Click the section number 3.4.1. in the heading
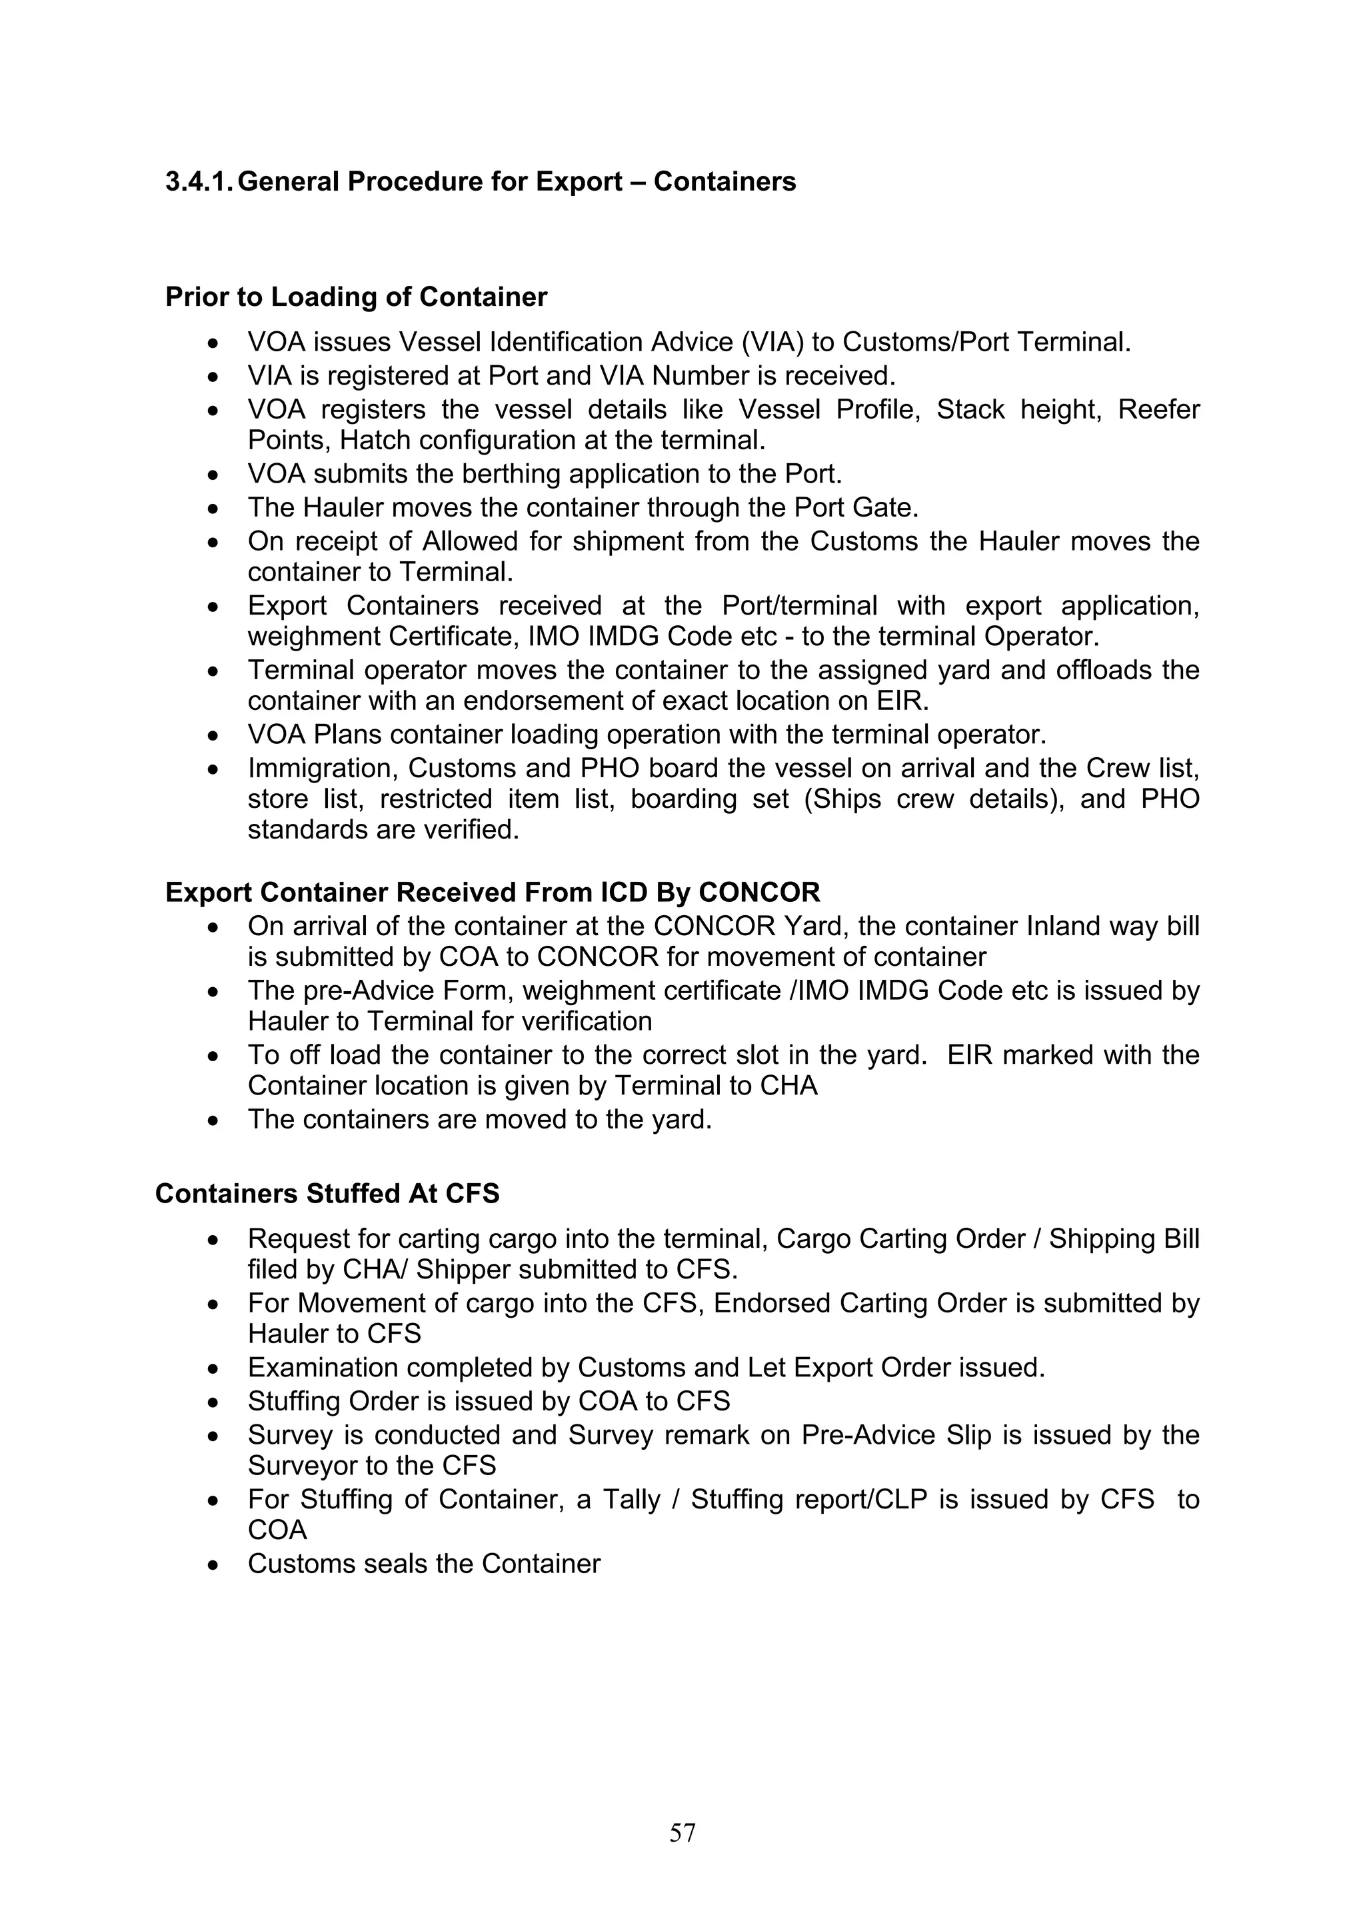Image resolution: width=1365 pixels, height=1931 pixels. point(199,182)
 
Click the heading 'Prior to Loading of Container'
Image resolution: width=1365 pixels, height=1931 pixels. point(356,297)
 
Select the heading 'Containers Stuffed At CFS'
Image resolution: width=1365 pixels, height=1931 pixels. point(327,1193)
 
